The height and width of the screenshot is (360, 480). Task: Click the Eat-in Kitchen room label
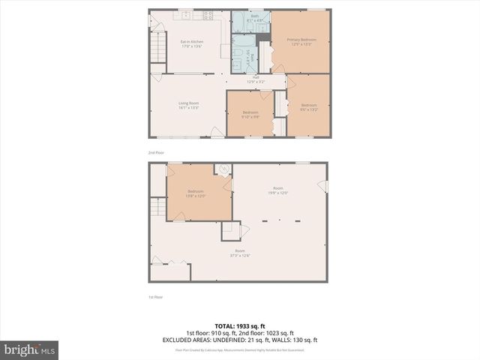(192, 43)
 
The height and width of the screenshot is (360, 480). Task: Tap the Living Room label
(188, 105)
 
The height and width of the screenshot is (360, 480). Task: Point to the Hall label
(256, 79)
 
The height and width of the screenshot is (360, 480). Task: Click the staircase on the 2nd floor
(157, 49)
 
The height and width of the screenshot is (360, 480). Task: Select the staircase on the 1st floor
(157, 208)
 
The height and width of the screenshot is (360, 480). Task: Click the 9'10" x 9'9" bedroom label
(250, 115)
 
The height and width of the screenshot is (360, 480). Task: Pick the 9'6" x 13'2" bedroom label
(310, 107)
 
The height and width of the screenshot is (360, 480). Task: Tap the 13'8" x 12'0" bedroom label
(196, 193)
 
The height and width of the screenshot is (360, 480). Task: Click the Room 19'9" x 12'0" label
(278, 191)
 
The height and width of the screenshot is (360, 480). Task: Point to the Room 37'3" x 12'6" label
(240, 253)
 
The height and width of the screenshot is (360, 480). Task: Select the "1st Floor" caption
(155, 297)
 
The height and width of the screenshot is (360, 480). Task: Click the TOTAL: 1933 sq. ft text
(240, 326)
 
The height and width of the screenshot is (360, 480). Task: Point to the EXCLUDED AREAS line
(240, 340)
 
